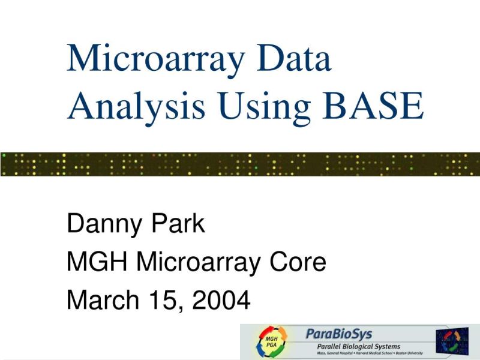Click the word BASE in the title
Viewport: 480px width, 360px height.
(x=372, y=107)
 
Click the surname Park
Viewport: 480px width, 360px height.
(x=178, y=224)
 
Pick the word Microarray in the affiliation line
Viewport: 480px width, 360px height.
(x=194, y=262)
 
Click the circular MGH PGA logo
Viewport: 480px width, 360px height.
(x=271, y=343)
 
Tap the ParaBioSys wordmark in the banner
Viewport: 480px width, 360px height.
(x=339, y=334)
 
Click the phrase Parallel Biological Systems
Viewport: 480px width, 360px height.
(x=359, y=346)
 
